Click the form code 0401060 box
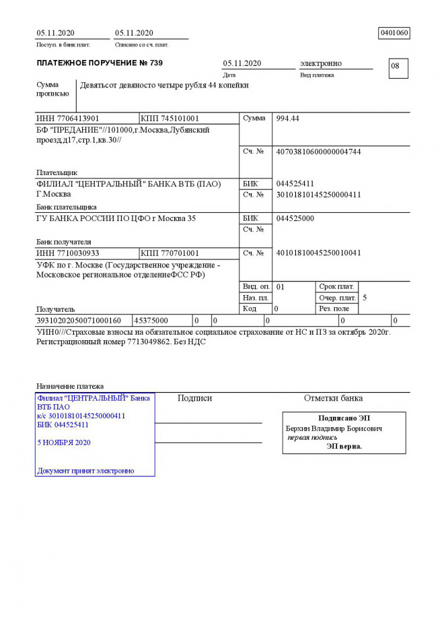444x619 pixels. (394, 33)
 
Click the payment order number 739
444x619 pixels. (154, 63)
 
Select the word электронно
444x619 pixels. (321, 63)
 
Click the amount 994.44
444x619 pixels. (288, 119)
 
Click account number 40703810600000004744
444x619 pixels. (318, 152)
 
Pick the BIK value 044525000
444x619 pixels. (295, 219)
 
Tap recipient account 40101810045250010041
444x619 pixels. (318, 253)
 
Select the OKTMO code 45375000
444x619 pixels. (151, 321)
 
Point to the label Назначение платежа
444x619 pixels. (70, 387)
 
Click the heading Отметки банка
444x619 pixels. (333, 399)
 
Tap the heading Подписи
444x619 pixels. (194, 399)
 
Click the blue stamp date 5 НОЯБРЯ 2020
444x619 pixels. (64, 443)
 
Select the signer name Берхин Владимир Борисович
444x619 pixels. (334, 428)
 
